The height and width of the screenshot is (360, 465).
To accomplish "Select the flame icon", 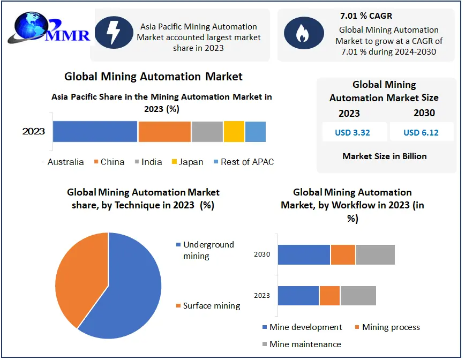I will point(303,33).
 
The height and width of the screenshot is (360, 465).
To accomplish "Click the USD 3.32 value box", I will point(352,132).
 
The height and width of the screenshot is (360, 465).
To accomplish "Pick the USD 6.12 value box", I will point(421,132).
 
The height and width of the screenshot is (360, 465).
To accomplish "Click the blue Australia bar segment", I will point(95,132).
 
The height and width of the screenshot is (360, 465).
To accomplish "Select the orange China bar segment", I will point(164,132).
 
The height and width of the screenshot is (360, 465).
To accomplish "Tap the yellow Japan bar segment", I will point(234,132).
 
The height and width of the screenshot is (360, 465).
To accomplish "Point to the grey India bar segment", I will point(207,132).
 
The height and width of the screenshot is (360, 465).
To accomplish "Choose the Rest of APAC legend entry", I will point(244,162).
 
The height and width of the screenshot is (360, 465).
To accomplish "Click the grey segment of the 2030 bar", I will point(375,254).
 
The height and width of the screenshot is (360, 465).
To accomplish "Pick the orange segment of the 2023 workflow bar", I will point(329,296).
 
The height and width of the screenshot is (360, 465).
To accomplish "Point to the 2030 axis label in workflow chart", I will point(262,254).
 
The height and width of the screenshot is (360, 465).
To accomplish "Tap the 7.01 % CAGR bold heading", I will point(366,16).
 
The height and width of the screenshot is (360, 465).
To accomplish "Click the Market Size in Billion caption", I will point(385,156).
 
